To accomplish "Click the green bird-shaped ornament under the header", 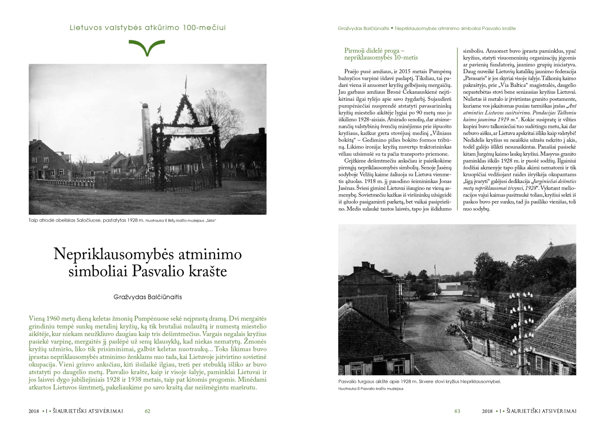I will [x=147, y=47].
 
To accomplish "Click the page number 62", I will [x=147, y=411].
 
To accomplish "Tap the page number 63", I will [x=457, y=411].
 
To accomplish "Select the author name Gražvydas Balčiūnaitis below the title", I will [x=148, y=297].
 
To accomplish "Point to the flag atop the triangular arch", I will [x=186, y=82].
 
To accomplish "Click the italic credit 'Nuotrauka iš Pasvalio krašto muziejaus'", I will [x=371, y=389].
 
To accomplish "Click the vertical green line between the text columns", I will [x=457, y=129].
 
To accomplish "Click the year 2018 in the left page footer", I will [x=34, y=411].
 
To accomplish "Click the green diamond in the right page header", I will [x=392, y=28].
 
